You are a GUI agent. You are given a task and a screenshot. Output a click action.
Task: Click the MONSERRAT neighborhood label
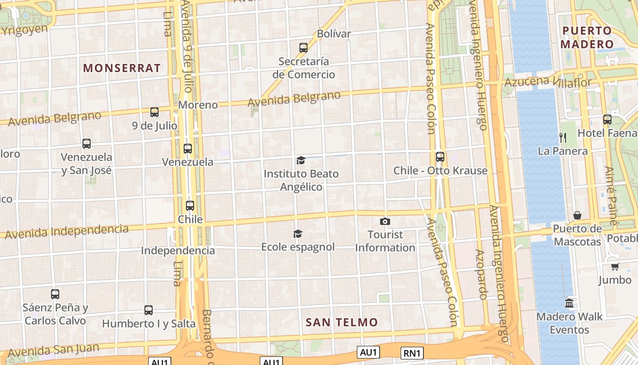pos(122,68)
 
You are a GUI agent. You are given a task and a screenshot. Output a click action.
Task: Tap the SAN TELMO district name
pos(342,323)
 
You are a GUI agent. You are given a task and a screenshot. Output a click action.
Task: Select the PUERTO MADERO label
pos(587,37)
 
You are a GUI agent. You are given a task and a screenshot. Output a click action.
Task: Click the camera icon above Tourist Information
pos(385,222)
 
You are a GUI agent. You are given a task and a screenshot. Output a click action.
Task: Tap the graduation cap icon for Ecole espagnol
pos(298,234)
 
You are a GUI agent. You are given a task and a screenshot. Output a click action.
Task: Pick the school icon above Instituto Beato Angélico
pos(301,160)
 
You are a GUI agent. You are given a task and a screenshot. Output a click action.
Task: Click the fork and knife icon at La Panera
pos(563,137)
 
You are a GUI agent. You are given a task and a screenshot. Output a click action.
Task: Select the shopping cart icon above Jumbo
pos(615,266)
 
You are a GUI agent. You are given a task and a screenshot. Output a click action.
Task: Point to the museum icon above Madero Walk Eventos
pos(569,303)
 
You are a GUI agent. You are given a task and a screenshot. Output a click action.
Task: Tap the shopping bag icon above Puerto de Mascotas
pos(577,215)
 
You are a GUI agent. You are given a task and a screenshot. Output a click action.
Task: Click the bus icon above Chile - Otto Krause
pos(440,157)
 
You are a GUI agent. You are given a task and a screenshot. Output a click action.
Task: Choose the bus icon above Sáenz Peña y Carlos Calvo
pos(55,294)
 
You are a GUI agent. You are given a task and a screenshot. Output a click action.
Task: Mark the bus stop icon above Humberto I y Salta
pos(149,310)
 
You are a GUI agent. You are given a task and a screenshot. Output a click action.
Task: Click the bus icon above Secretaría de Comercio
pos(304,47)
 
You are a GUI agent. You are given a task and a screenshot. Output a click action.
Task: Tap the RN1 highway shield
pos(412,353)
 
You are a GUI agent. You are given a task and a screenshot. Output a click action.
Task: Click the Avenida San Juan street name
pos(53,350)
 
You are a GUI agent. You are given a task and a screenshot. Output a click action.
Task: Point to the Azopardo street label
pos(481,274)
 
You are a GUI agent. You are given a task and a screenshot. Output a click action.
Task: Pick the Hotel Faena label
pos(607,133)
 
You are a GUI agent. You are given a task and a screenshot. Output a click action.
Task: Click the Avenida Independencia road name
pos(67,231)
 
